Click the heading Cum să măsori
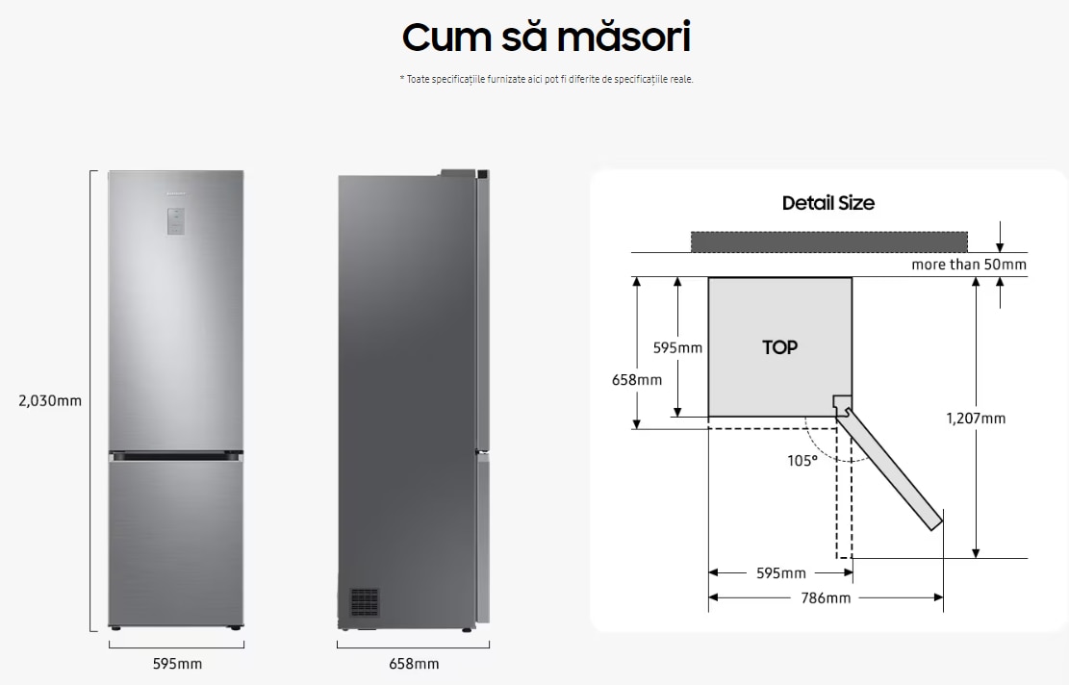pyautogui.click(x=546, y=37)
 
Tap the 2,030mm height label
pyautogui.click(x=50, y=400)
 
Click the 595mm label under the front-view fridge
pyautogui.click(x=177, y=664)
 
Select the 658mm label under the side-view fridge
pyautogui.click(x=414, y=664)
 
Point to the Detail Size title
pyautogui.click(x=827, y=203)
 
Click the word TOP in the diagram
pyautogui.click(x=779, y=347)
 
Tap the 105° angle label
pyautogui.click(x=802, y=460)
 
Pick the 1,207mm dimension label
pyautogui.click(x=976, y=419)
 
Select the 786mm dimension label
pyautogui.click(x=826, y=597)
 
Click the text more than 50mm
pyautogui.click(x=969, y=265)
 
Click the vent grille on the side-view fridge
pyautogui.click(x=364, y=602)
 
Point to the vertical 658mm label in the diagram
pyautogui.click(x=637, y=379)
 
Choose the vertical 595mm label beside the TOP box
pyautogui.click(x=677, y=347)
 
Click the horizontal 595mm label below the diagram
pyautogui.click(x=780, y=573)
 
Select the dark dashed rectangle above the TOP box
pyautogui.click(x=828, y=241)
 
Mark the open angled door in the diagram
pyautogui.click(x=890, y=466)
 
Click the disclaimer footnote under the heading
pyautogui.click(x=546, y=79)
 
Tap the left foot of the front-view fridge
pyautogui.click(x=116, y=629)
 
